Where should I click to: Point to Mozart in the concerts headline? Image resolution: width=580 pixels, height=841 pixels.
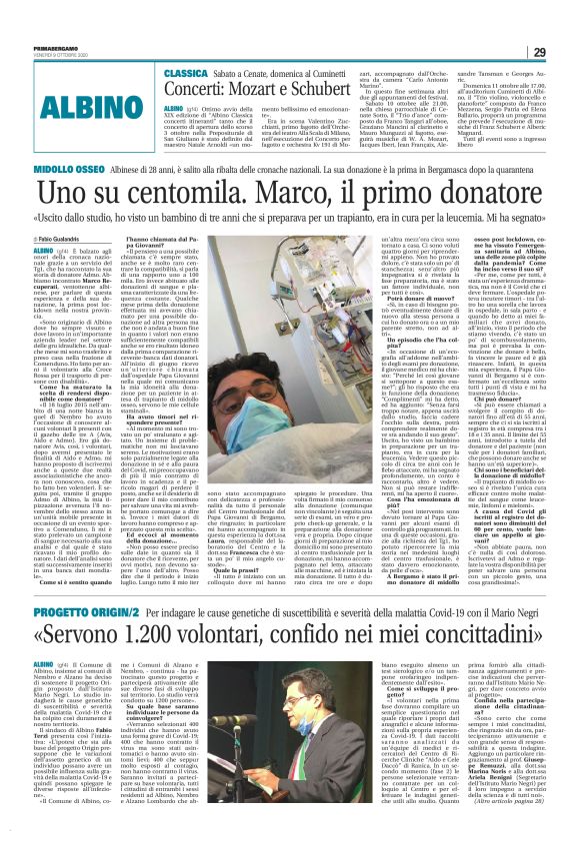coord(268,90)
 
